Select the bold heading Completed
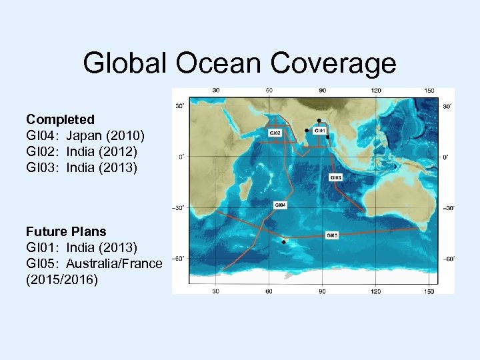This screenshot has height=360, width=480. (x=60, y=119)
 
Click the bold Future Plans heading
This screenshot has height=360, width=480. (x=66, y=231)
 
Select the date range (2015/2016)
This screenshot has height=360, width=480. (x=62, y=279)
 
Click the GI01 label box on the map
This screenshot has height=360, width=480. (x=319, y=131)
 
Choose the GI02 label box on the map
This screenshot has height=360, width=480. (x=275, y=133)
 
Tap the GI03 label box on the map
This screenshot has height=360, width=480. (x=335, y=178)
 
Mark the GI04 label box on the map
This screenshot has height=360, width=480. (x=281, y=205)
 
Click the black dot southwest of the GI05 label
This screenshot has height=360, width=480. (x=283, y=243)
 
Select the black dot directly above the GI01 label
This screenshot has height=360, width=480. (x=319, y=120)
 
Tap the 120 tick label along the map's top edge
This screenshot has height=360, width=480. (x=376, y=91)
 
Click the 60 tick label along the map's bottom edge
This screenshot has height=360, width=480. (x=269, y=291)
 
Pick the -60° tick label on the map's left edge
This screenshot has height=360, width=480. (x=179, y=258)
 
